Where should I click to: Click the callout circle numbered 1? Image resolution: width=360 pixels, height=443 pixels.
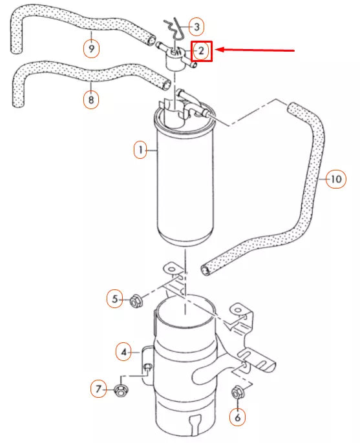(140, 150)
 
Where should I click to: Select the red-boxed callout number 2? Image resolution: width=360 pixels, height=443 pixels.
(201, 50)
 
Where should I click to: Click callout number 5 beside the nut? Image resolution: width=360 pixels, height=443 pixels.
(115, 299)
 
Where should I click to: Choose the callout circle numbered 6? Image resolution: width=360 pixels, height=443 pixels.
(237, 417)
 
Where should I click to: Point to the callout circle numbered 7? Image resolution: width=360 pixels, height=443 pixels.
(99, 389)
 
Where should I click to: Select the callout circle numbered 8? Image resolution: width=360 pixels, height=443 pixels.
(91, 100)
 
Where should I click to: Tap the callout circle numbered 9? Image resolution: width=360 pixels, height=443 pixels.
(91, 48)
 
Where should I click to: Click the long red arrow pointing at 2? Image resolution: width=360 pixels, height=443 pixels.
(255, 50)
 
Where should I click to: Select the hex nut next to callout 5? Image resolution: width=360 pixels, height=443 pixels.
(136, 300)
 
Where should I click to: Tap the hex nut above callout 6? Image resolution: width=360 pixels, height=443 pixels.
(237, 391)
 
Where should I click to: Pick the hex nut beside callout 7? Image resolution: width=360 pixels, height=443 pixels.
(120, 389)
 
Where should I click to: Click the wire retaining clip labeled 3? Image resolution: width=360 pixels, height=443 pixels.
(172, 28)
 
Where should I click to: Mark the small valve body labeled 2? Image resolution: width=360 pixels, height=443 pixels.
(174, 59)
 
